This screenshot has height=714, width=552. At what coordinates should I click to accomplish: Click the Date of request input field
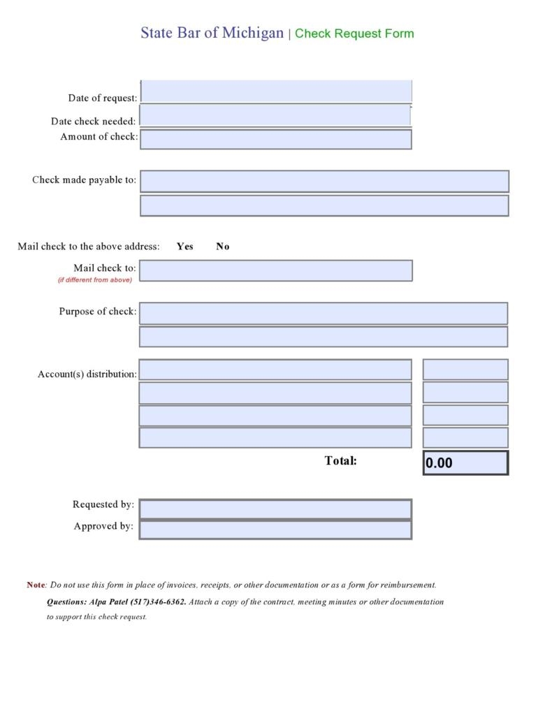[x=276, y=92]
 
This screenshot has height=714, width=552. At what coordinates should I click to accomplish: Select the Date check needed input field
[x=275, y=115]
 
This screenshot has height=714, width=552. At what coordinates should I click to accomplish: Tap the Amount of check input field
[x=275, y=139]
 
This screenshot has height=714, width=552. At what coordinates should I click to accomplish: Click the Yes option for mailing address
[x=185, y=246]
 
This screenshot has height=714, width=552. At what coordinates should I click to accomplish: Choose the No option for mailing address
[x=223, y=246]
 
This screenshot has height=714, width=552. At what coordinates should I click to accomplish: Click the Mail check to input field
[x=276, y=270]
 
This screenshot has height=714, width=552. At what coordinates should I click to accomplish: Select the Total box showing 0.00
[x=465, y=462]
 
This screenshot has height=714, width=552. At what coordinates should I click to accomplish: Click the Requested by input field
[x=275, y=509]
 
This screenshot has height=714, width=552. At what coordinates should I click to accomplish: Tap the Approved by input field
[x=275, y=530]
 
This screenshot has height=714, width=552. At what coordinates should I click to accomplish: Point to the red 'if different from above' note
[x=95, y=279]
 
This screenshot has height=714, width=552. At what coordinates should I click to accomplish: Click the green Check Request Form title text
[x=354, y=34]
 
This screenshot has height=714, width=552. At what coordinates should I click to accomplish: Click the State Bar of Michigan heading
[x=212, y=33]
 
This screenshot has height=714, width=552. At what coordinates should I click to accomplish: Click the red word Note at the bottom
[x=36, y=585]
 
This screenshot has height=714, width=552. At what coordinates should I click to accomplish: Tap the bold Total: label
[x=340, y=460]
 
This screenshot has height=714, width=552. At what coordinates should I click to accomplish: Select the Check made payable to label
[x=84, y=180]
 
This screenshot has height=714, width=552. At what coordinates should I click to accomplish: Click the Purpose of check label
[x=97, y=312]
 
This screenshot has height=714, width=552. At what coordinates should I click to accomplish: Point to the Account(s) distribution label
[x=87, y=374]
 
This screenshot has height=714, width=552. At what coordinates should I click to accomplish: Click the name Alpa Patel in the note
[x=108, y=602]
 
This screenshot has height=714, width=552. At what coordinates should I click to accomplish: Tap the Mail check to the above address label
[x=89, y=246]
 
